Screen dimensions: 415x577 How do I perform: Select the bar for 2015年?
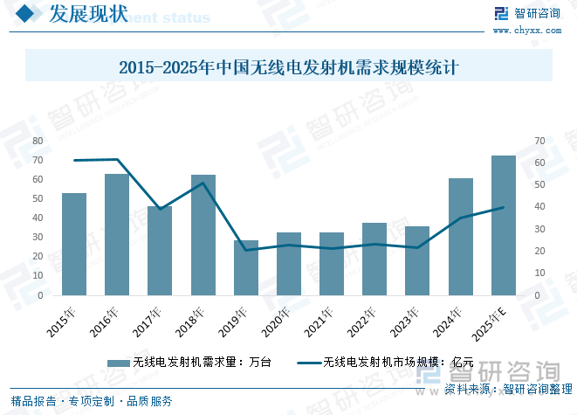click(74, 245)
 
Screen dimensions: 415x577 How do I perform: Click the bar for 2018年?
click(203, 235)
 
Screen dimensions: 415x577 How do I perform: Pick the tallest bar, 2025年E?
click(504, 225)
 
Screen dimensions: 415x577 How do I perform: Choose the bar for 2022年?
click(374, 259)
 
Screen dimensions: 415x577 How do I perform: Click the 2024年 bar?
click(461, 237)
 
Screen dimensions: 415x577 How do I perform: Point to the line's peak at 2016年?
click(117, 159)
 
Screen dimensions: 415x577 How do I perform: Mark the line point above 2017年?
click(160, 209)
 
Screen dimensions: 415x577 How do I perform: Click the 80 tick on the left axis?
click(38, 141)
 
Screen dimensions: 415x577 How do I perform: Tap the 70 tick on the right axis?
click(540, 141)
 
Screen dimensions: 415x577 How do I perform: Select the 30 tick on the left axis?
click(38, 238)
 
